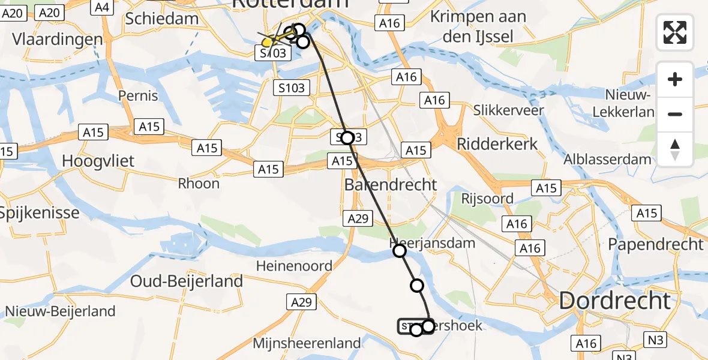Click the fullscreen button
click(x=675, y=32)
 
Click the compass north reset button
click(x=675, y=149)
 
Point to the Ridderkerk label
click(x=497, y=144)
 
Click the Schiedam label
click(x=162, y=19)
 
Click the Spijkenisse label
click(x=40, y=212)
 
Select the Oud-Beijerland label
click(x=187, y=281)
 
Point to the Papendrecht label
click(x=655, y=244)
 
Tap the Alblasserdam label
click(x=607, y=160)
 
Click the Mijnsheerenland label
click(x=298, y=344)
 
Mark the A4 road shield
click(x=102, y=7)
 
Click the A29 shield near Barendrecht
click(x=358, y=219)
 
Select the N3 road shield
click(x=656, y=340)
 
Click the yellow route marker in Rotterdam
click(x=268, y=43)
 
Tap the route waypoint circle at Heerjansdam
click(x=400, y=251)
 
